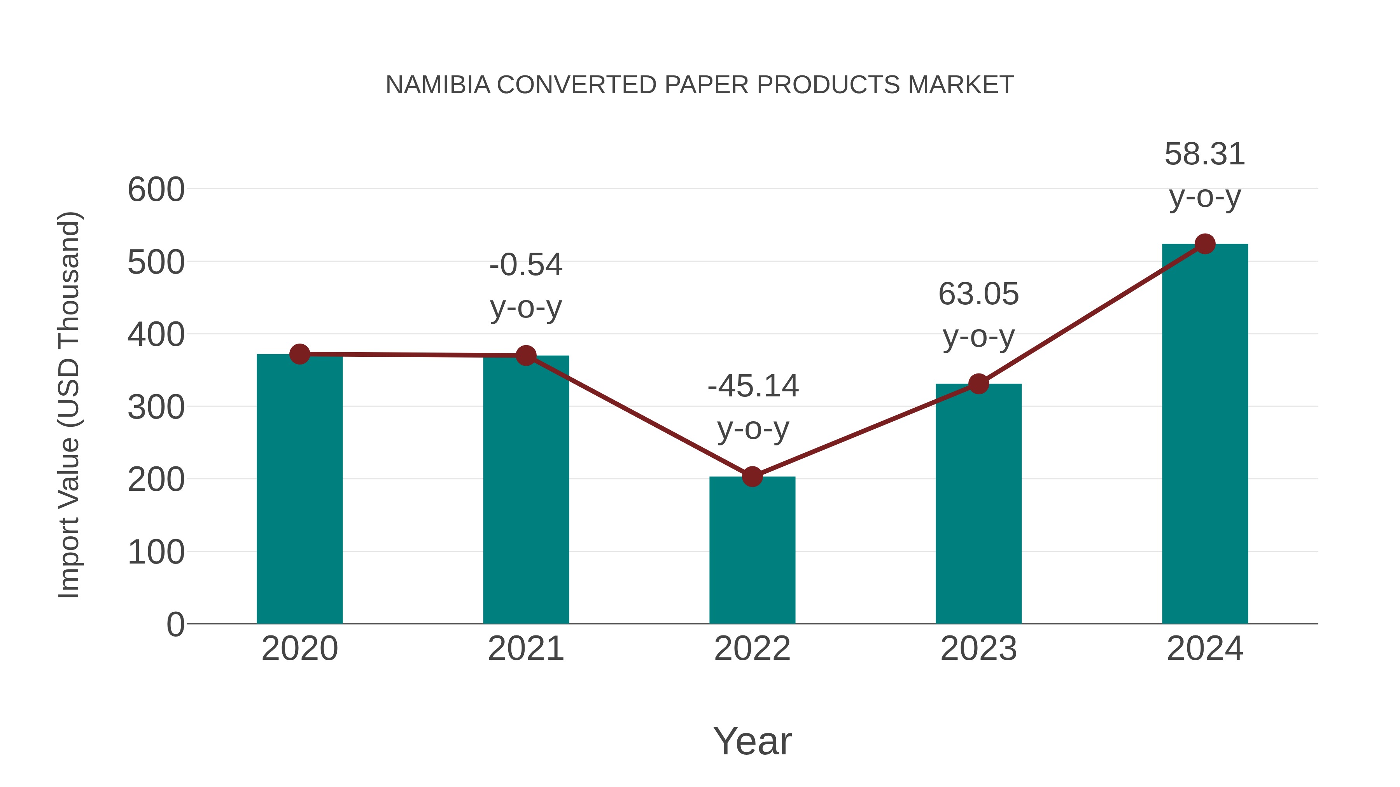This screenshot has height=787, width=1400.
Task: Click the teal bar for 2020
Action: click(x=299, y=489)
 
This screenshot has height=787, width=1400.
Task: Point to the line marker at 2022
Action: click(x=752, y=477)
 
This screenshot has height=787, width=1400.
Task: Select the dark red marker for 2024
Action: click(x=1205, y=244)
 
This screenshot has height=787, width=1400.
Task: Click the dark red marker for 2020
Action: click(x=299, y=354)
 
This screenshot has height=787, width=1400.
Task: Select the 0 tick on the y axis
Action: click(x=175, y=625)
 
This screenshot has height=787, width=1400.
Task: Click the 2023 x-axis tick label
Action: click(x=978, y=649)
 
